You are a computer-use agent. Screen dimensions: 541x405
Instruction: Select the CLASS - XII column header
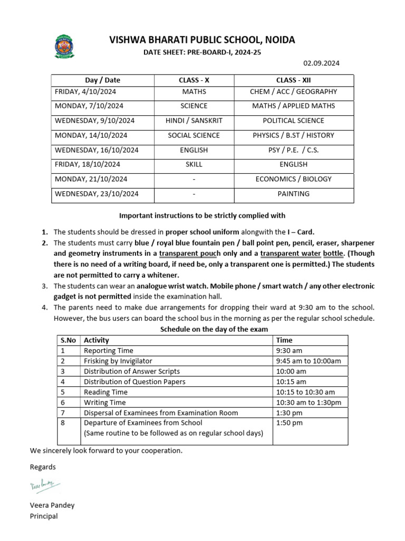click(x=293, y=80)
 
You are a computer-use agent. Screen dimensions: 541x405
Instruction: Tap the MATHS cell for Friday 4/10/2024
click(x=194, y=91)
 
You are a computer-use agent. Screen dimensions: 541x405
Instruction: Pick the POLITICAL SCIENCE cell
click(x=293, y=120)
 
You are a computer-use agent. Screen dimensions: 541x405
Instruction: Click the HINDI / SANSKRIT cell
click(x=194, y=120)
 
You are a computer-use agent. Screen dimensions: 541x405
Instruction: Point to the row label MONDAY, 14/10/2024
click(x=91, y=135)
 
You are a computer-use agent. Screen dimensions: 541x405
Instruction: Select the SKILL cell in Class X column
click(x=194, y=164)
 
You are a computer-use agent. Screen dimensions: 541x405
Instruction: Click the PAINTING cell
click(x=293, y=194)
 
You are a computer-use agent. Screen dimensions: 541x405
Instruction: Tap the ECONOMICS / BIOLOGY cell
click(x=293, y=179)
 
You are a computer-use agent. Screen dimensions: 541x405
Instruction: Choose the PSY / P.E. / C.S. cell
click(x=293, y=150)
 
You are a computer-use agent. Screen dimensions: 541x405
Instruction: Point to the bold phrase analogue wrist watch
click(x=172, y=286)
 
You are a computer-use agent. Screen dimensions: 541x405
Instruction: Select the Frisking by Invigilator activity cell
click(x=118, y=361)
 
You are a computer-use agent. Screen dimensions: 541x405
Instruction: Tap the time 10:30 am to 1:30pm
click(x=308, y=403)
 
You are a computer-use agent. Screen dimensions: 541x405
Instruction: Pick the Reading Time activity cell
click(x=105, y=392)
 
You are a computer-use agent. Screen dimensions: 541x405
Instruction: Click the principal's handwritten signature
click(x=44, y=486)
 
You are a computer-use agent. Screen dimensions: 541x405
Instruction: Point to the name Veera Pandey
click(x=52, y=505)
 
